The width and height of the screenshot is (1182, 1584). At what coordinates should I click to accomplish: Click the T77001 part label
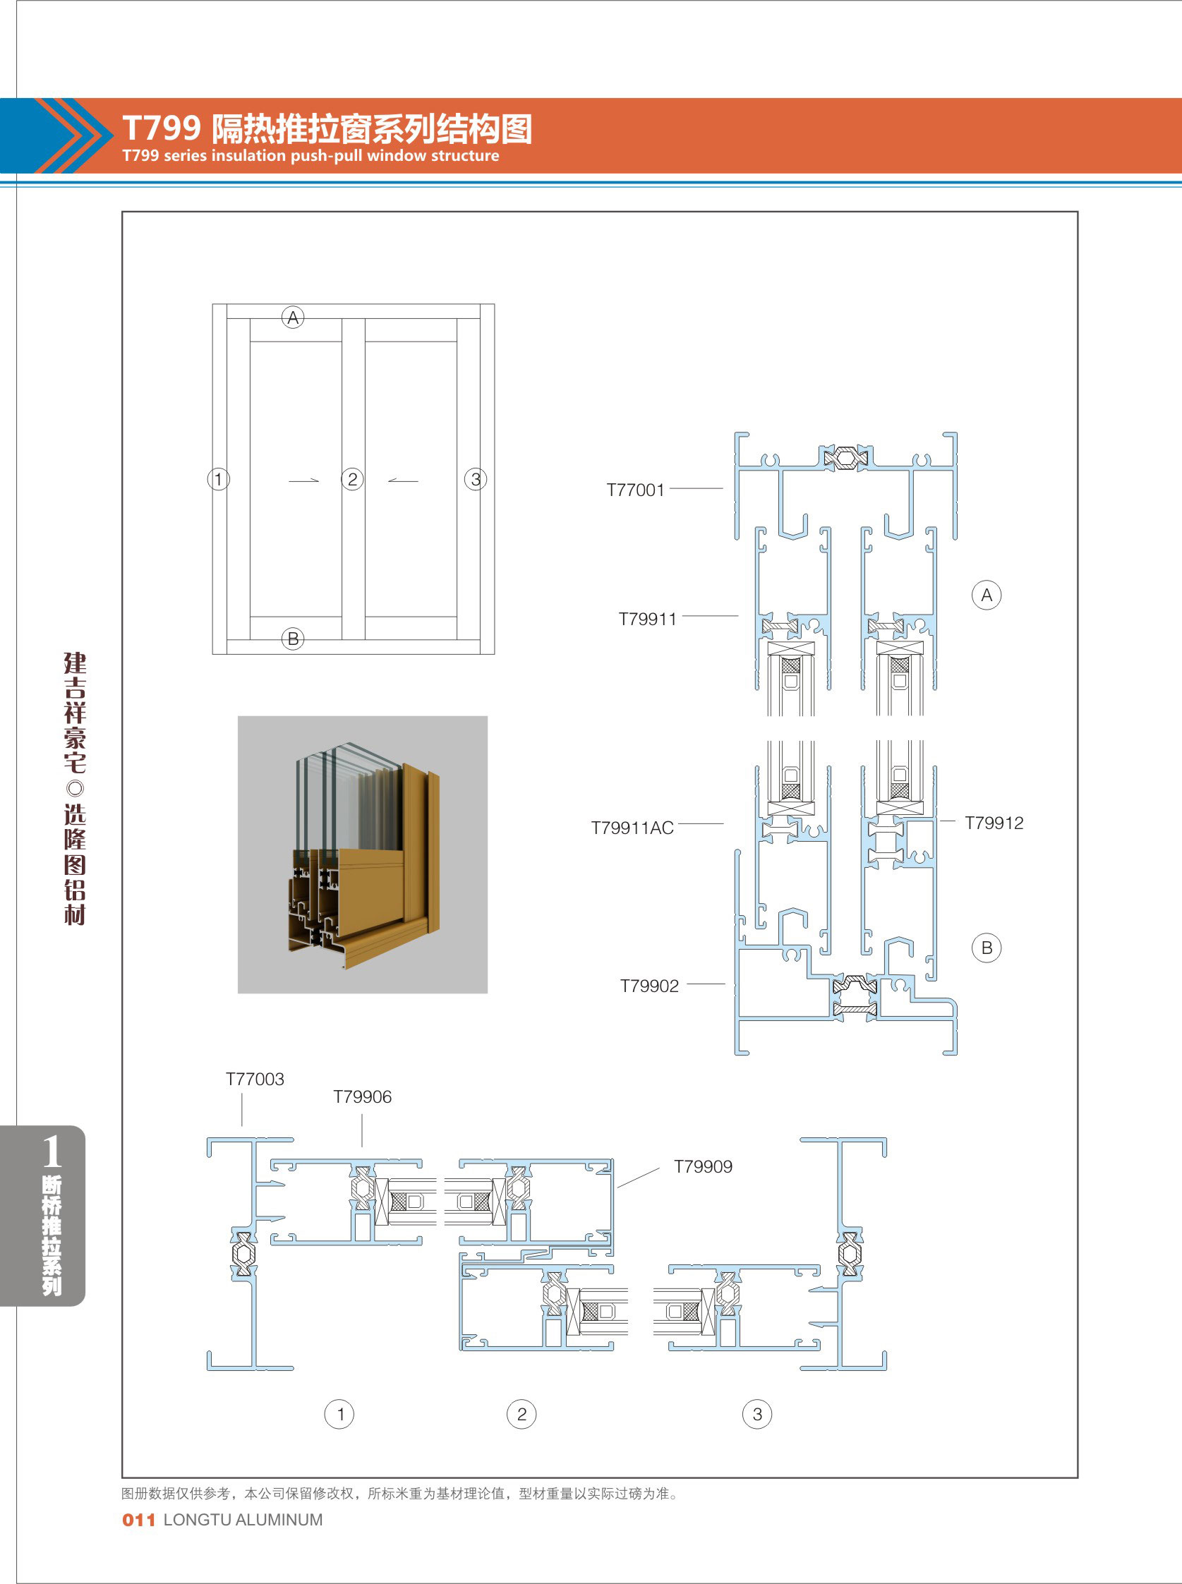pyautogui.click(x=635, y=490)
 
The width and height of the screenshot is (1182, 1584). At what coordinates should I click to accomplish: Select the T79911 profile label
pyautogui.click(x=648, y=619)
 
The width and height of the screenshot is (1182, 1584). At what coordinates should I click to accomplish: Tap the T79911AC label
pyautogui.click(x=632, y=828)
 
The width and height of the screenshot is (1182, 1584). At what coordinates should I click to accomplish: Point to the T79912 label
pyautogui.click(x=994, y=823)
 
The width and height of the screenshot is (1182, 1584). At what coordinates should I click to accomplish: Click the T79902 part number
pyautogui.click(x=649, y=986)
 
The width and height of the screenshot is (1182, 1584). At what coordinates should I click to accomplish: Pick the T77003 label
pyautogui.click(x=255, y=1079)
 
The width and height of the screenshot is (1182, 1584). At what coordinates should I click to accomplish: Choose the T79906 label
pyautogui.click(x=362, y=1096)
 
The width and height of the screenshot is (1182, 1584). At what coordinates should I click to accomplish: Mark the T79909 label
pyautogui.click(x=704, y=1166)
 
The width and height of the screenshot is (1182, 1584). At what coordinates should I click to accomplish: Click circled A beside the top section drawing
pyautogui.click(x=987, y=595)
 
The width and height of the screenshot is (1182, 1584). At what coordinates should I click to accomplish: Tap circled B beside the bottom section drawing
pyautogui.click(x=987, y=948)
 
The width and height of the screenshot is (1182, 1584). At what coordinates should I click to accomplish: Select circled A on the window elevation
pyautogui.click(x=293, y=318)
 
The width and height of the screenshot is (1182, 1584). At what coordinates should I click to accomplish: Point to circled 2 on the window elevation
pyautogui.click(x=352, y=479)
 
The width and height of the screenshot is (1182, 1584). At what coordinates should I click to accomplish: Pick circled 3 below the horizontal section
pyautogui.click(x=757, y=1414)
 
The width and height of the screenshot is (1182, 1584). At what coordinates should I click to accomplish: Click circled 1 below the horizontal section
pyautogui.click(x=339, y=1414)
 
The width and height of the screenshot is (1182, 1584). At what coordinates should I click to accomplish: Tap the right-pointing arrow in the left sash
pyautogui.click(x=303, y=480)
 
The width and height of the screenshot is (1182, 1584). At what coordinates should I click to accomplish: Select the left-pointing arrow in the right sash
pyautogui.click(x=403, y=480)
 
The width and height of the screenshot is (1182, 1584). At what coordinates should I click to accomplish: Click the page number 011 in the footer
pyautogui.click(x=139, y=1520)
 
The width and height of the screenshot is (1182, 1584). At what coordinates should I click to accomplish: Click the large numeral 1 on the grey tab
pyautogui.click(x=51, y=1152)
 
